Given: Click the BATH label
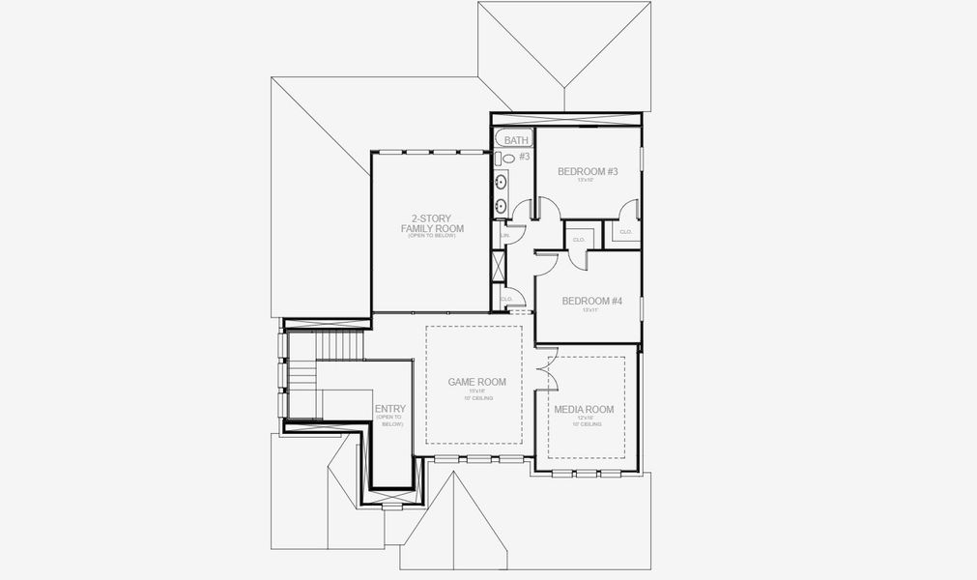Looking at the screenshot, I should (516, 140).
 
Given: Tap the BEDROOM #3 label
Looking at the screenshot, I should (588, 172).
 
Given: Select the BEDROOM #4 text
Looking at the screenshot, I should (591, 301).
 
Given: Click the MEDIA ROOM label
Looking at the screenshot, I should (584, 410).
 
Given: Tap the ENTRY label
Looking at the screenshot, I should (390, 410).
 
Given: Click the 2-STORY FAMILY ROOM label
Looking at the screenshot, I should (432, 224).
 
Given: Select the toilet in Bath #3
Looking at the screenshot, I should (508, 158).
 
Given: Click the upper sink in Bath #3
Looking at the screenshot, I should (502, 182).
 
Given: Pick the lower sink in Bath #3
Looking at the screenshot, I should (502, 205).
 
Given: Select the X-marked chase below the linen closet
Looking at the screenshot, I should (499, 266).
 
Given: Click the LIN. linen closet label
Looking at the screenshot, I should (503, 235).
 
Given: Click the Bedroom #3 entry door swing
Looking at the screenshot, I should (547, 209).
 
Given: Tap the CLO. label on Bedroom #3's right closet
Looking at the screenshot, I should (625, 232).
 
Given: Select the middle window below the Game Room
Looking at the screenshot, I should (480, 458).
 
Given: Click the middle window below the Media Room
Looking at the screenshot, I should (588, 474).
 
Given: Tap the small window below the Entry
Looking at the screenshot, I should (390, 506).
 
